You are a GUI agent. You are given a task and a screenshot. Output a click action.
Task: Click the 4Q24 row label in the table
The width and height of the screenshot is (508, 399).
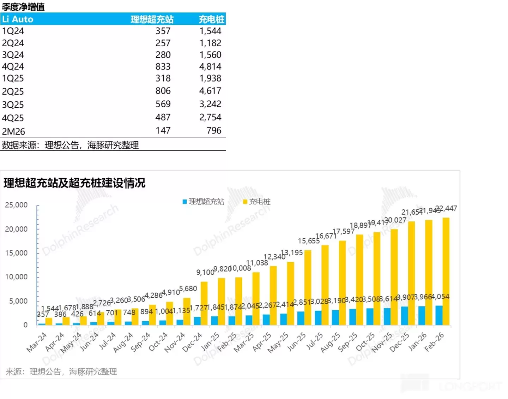click(x=13, y=67)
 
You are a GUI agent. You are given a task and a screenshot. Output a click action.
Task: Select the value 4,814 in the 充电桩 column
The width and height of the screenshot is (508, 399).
click(x=210, y=67)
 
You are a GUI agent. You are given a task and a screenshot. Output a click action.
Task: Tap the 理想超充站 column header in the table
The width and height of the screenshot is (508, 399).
click(x=152, y=19)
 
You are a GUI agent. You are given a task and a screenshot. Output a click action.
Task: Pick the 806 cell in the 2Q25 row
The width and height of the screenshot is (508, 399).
click(x=163, y=91)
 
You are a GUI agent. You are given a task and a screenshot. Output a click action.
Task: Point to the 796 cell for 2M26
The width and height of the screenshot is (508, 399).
click(x=214, y=131)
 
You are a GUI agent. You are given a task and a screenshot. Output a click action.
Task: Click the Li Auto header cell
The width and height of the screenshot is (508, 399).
click(x=18, y=19)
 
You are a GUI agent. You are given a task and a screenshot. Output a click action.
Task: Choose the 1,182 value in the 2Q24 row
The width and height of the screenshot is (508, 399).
click(x=210, y=43)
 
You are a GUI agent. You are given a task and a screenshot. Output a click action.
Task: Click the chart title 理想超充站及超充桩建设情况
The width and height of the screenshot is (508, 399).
click(x=74, y=183)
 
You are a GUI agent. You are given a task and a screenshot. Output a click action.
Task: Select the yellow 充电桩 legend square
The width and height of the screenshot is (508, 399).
click(x=245, y=202)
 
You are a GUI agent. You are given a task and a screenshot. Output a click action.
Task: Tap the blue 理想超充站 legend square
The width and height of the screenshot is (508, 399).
click(x=185, y=202)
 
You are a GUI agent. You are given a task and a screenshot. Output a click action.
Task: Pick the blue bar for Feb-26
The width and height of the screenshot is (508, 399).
click(x=439, y=315)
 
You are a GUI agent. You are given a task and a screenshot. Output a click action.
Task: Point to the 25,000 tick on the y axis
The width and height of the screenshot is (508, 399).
click(x=16, y=205)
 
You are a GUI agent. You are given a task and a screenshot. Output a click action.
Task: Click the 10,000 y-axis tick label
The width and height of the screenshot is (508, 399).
click(x=16, y=277)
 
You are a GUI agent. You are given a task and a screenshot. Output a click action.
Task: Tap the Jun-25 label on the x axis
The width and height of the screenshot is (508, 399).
click(x=297, y=342)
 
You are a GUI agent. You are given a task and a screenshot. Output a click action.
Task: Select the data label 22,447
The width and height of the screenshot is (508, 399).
click(x=446, y=208)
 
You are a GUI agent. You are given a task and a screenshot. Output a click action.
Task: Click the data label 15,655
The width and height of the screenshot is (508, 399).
click(x=309, y=241)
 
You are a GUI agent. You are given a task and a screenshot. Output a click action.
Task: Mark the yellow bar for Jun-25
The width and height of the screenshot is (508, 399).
click(x=308, y=287)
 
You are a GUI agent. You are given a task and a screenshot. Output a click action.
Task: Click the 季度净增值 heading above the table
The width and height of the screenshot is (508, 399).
click(x=23, y=7)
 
